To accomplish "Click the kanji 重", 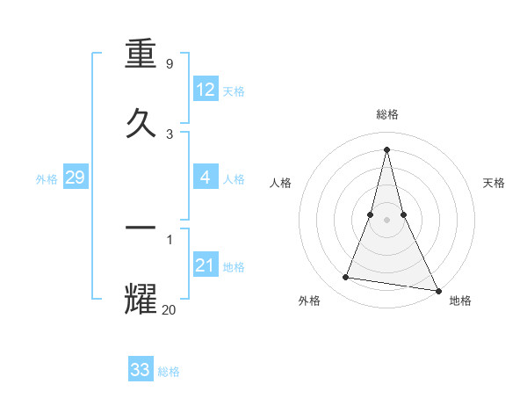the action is (x=141, y=56).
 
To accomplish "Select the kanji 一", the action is (x=141, y=228).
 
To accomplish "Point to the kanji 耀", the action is (x=141, y=297).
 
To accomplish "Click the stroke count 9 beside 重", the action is (x=170, y=65).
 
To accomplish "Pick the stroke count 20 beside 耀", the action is (x=170, y=308).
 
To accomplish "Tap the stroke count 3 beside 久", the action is (x=170, y=134).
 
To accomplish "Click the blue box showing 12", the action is (x=206, y=90).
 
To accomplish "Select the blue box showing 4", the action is (x=206, y=178).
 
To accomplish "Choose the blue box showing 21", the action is (x=206, y=265).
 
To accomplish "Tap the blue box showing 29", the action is (x=75, y=178).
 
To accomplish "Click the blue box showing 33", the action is (x=141, y=370).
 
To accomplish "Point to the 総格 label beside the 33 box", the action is (x=169, y=372).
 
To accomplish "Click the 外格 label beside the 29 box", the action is (x=47, y=179).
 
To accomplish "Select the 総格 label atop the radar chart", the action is (x=387, y=114).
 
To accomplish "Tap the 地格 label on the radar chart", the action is (x=460, y=301).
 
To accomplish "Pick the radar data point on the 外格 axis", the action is (x=346, y=278).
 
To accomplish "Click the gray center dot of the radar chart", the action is (x=386, y=219).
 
